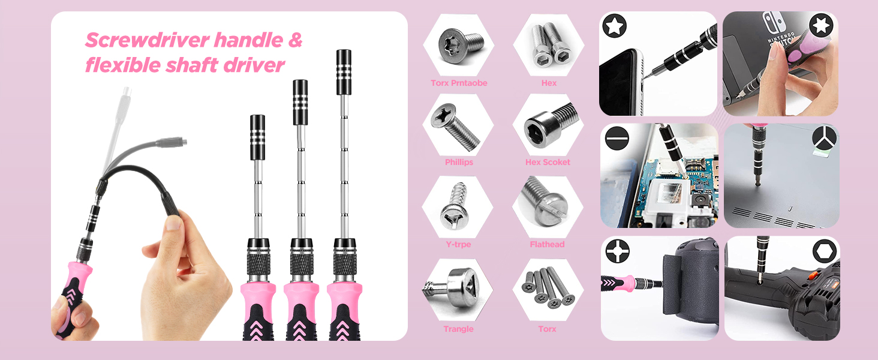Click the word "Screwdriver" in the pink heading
[x=146, y=41]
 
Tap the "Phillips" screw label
[x=459, y=162]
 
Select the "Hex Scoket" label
[x=548, y=162]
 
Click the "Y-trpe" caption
[x=458, y=244]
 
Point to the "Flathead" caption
[x=547, y=244]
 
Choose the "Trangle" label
[x=458, y=329]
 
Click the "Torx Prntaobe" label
[x=459, y=83]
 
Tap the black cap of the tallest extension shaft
[x=344, y=72]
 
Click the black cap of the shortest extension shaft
[x=258, y=137]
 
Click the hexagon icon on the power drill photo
[x=823, y=251]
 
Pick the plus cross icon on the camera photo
[x=617, y=251]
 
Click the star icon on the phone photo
[x=615, y=26]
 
